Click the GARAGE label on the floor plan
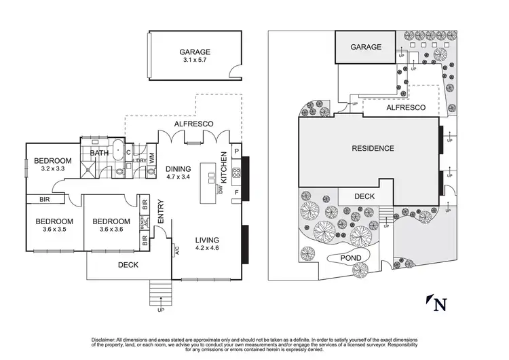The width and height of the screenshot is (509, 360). pos(195,52)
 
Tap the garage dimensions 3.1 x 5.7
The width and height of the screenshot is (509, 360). pos(195,60)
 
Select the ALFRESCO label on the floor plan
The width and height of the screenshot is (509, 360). pos(194,124)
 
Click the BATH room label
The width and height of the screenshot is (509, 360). pos(99,154)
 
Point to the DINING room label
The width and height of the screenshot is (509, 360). pos(178,169)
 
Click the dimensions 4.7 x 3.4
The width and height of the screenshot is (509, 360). pos(178,178)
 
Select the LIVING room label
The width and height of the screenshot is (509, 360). pos(208,240)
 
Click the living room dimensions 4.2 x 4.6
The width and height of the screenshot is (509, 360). pos(208,249)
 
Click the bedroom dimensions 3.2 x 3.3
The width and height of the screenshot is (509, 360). pos(55,168)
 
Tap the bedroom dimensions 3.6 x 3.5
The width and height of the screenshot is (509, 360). pos(54,230)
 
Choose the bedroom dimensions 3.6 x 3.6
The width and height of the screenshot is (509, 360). pos(111,230)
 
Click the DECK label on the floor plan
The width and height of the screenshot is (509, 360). pos(128,266)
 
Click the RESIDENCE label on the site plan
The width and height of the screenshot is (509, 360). pos(373,148)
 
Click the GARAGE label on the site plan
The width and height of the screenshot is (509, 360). pos(366,48)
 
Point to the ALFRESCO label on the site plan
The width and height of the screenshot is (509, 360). pos(406,108)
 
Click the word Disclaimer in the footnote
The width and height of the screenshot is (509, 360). pos(107,339)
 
